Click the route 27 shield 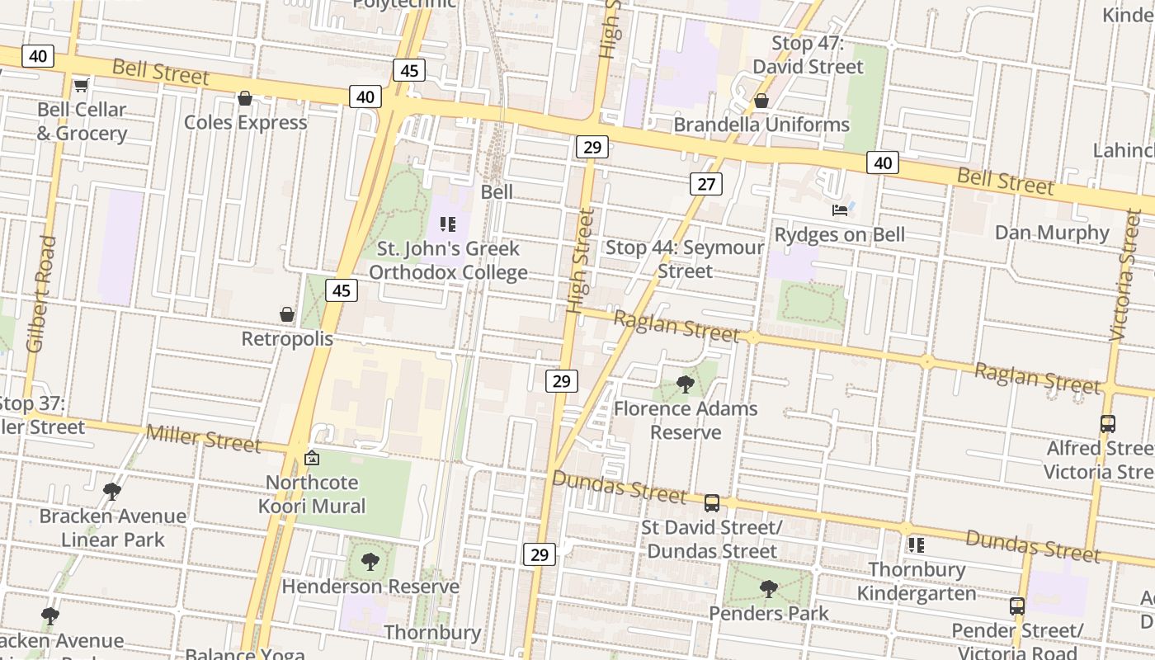706,183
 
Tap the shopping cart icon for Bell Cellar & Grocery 81,85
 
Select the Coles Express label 245,122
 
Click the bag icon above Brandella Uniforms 761,101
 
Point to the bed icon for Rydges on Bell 840,210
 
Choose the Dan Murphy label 1052,233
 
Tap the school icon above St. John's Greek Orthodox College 448,224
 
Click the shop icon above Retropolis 287,314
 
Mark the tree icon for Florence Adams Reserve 685,384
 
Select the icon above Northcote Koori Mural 312,458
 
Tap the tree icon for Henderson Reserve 370,562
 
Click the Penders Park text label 769,613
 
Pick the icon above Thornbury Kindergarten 916,545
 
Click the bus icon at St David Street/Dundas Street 711,502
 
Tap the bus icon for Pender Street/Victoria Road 1016,606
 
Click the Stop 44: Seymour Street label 685,259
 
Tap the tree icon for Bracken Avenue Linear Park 112,492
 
